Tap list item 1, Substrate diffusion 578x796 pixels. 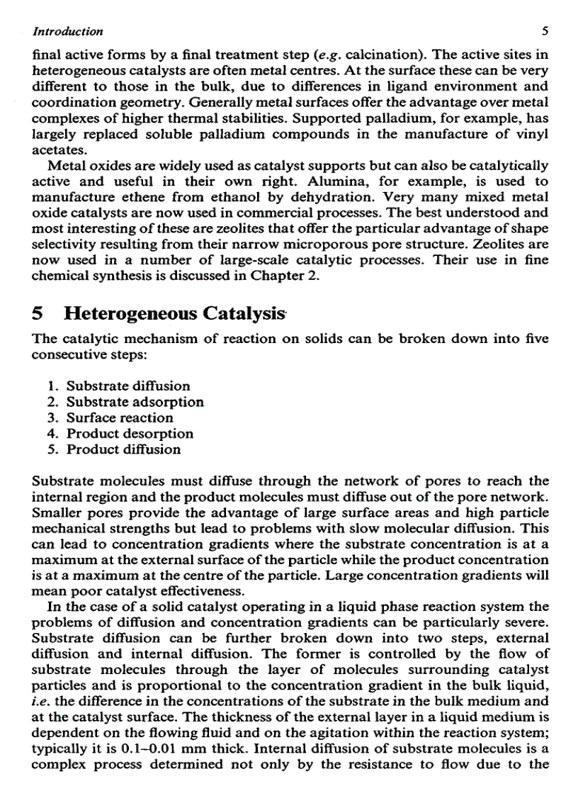[128, 386]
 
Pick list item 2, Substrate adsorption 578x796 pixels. [135, 402]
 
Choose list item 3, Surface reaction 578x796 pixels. [120, 417]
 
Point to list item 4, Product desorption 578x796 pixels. [130, 433]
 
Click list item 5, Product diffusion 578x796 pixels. [123, 449]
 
